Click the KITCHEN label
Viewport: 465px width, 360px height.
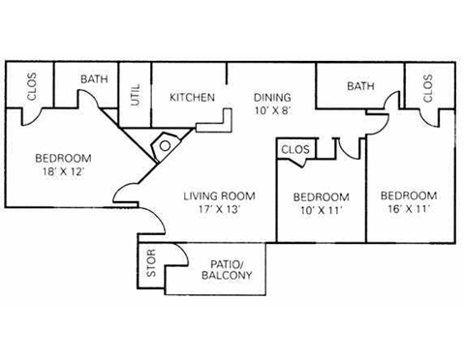click(x=192, y=97)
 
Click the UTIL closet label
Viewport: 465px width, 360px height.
click(x=135, y=95)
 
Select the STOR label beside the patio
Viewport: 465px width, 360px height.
click(x=151, y=268)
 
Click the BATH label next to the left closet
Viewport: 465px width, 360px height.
click(x=94, y=79)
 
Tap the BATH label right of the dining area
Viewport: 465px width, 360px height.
click(x=360, y=86)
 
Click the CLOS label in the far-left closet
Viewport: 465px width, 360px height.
click(x=32, y=90)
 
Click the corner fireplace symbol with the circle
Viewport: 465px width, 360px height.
click(x=166, y=145)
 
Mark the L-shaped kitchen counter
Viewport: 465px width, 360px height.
click(x=218, y=122)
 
